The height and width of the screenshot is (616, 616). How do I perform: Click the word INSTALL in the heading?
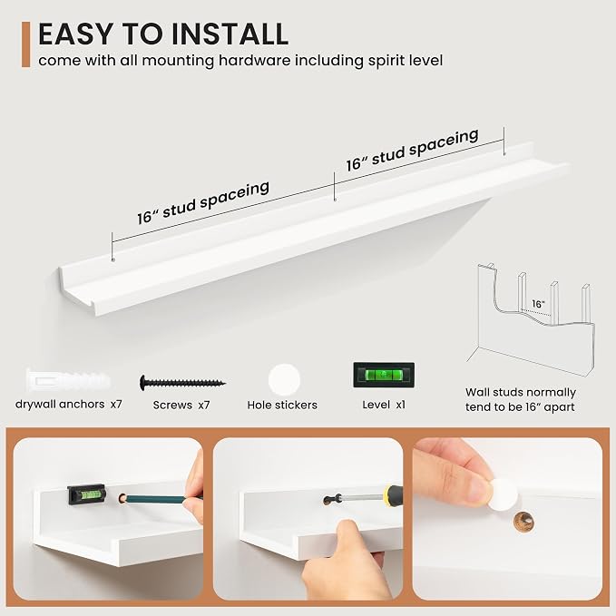tap(230, 34)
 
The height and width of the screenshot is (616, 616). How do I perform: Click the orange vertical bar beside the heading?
tap(26, 44)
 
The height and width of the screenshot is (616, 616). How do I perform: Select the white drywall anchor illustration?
tap(67, 380)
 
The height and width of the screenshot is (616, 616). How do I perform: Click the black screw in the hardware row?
tap(182, 382)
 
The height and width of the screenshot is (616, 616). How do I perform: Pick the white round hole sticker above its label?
tap(284, 380)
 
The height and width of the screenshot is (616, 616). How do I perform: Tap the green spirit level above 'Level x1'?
tap(384, 375)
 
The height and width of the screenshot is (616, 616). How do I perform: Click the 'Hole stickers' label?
tap(282, 405)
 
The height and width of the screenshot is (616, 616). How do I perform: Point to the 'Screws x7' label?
tap(181, 405)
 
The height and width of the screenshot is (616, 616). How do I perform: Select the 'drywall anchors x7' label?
tap(69, 405)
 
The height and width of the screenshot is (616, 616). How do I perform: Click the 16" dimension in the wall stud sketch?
tap(538, 304)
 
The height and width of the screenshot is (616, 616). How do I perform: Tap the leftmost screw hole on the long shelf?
tap(113, 259)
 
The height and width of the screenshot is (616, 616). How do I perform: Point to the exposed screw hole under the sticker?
tap(524, 523)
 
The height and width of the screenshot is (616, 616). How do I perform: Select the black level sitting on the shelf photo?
tap(86, 494)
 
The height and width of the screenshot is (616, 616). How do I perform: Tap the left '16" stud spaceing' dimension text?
tap(203, 202)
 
